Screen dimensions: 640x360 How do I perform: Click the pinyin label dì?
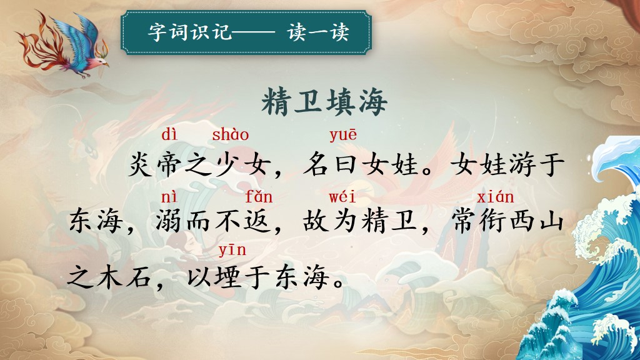point(170,134)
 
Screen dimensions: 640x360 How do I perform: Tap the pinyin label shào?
point(230,134)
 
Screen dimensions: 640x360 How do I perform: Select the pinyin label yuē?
point(343,136)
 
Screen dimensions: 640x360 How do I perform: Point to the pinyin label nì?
point(169,197)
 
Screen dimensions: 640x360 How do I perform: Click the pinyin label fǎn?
point(258,197)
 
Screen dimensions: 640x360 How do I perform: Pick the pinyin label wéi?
point(342,197)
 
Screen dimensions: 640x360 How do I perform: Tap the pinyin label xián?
point(495,197)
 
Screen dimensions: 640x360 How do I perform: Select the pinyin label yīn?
point(232,249)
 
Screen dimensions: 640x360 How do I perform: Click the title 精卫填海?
point(324,102)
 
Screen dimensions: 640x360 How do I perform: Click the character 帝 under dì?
point(169,164)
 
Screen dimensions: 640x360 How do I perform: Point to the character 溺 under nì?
point(169,222)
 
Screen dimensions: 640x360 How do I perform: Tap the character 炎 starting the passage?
point(141,164)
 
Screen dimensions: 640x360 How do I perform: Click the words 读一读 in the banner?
point(318,32)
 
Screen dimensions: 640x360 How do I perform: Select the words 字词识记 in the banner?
point(190,32)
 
